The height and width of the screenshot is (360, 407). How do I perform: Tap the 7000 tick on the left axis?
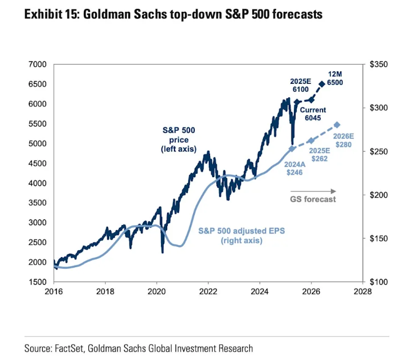37,65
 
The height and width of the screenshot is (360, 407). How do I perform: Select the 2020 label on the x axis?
156,291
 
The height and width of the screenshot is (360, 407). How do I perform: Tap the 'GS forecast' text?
313,199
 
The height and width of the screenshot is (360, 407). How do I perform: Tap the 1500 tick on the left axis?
37,282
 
